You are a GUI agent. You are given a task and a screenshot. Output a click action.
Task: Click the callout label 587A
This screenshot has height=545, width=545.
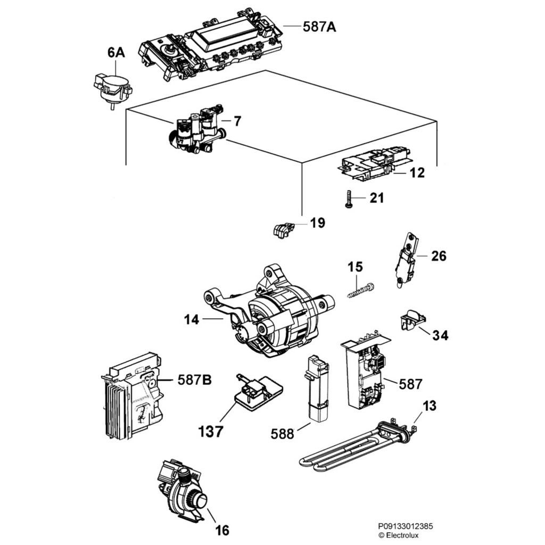pyautogui.click(x=319, y=27)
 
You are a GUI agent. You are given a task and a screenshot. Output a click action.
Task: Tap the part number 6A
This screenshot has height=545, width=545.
pyautogui.click(x=115, y=52)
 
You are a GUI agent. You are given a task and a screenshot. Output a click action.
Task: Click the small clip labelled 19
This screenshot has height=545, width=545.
pyautogui.click(x=281, y=230)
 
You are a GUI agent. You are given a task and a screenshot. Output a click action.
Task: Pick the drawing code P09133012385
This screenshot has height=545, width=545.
pyautogui.click(x=406, y=526)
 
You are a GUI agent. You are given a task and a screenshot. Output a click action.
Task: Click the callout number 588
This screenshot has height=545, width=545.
pyautogui.click(x=282, y=434)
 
